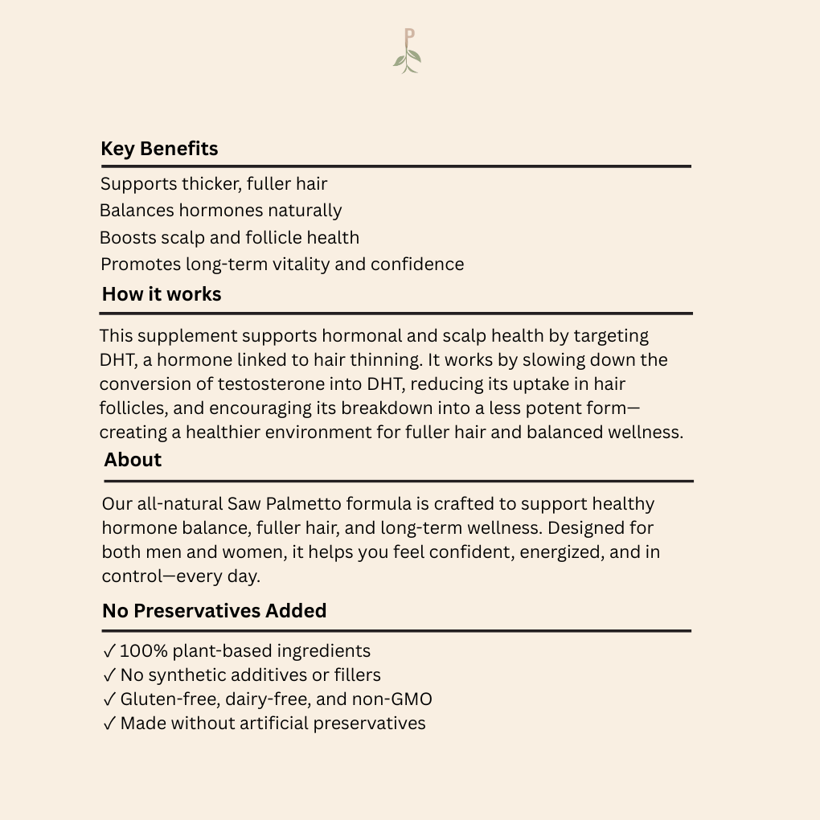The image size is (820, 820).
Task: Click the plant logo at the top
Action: click(x=408, y=51)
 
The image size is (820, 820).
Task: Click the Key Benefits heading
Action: click(x=159, y=149)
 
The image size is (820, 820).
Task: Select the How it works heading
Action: click(x=162, y=294)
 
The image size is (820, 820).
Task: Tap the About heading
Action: click(x=133, y=460)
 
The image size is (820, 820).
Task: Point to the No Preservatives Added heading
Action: click(x=214, y=611)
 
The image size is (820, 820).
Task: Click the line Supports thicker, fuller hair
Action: click(x=214, y=184)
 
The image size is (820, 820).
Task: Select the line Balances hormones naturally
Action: click(x=221, y=211)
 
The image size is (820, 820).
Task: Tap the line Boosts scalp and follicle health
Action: click(x=230, y=238)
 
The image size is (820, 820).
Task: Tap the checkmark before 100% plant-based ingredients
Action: click(x=109, y=651)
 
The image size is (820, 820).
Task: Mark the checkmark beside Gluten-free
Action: click(x=109, y=699)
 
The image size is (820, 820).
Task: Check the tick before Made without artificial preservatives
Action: click(x=109, y=724)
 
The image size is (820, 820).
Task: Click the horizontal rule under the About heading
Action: click(x=399, y=481)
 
